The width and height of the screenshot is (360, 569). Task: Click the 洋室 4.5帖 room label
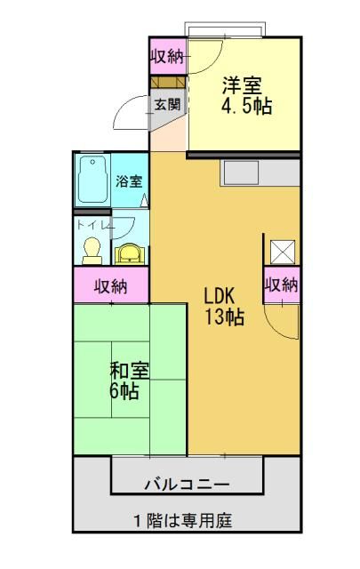[246, 96]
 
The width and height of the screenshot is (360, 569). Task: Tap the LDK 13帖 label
[224, 306]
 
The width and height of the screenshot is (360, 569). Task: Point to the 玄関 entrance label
[168, 105]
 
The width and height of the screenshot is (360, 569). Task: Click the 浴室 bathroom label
[129, 181]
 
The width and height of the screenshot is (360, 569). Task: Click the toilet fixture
[92, 251]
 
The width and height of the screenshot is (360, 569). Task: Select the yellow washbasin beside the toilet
[129, 254]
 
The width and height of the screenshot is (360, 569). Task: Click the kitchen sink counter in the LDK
[260, 172]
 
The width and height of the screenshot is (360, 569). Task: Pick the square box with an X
[283, 252]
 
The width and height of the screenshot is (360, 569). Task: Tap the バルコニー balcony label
[188, 485]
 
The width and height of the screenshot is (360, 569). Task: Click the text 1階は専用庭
[183, 521]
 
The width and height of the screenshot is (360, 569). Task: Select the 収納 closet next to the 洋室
[168, 56]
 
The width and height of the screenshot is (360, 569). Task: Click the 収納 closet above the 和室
[111, 285]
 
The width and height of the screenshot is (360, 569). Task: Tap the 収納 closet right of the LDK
[282, 285]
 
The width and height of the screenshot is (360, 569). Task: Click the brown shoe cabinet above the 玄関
[168, 82]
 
